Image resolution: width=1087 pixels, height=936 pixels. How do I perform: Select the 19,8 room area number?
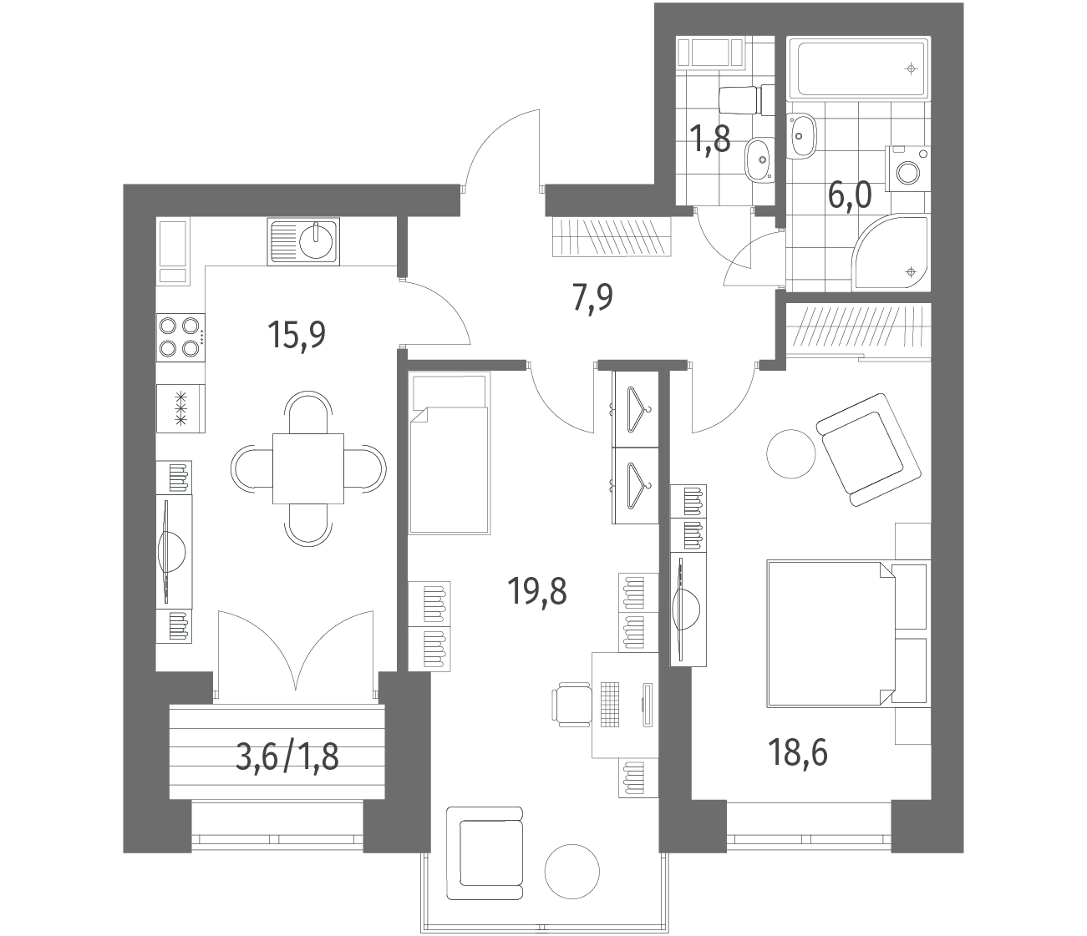click(x=537, y=590)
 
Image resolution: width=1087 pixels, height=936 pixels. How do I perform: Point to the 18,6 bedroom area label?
click(x=798, y=752)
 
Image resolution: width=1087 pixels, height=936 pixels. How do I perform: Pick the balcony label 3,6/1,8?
click(x=287, y=757)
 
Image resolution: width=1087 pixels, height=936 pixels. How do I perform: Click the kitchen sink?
click(x=303, y=242)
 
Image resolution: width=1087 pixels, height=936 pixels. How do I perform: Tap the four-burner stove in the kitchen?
click(x=181, y=336)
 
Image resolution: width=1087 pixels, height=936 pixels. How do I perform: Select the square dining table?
click(x=308, y=468)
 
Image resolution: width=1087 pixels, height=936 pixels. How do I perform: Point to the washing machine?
click(x=908, y=168)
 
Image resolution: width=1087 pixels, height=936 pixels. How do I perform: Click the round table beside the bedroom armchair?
click(x=791, y=453)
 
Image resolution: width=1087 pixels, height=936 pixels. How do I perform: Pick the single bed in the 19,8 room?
click(x=450, y=453)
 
